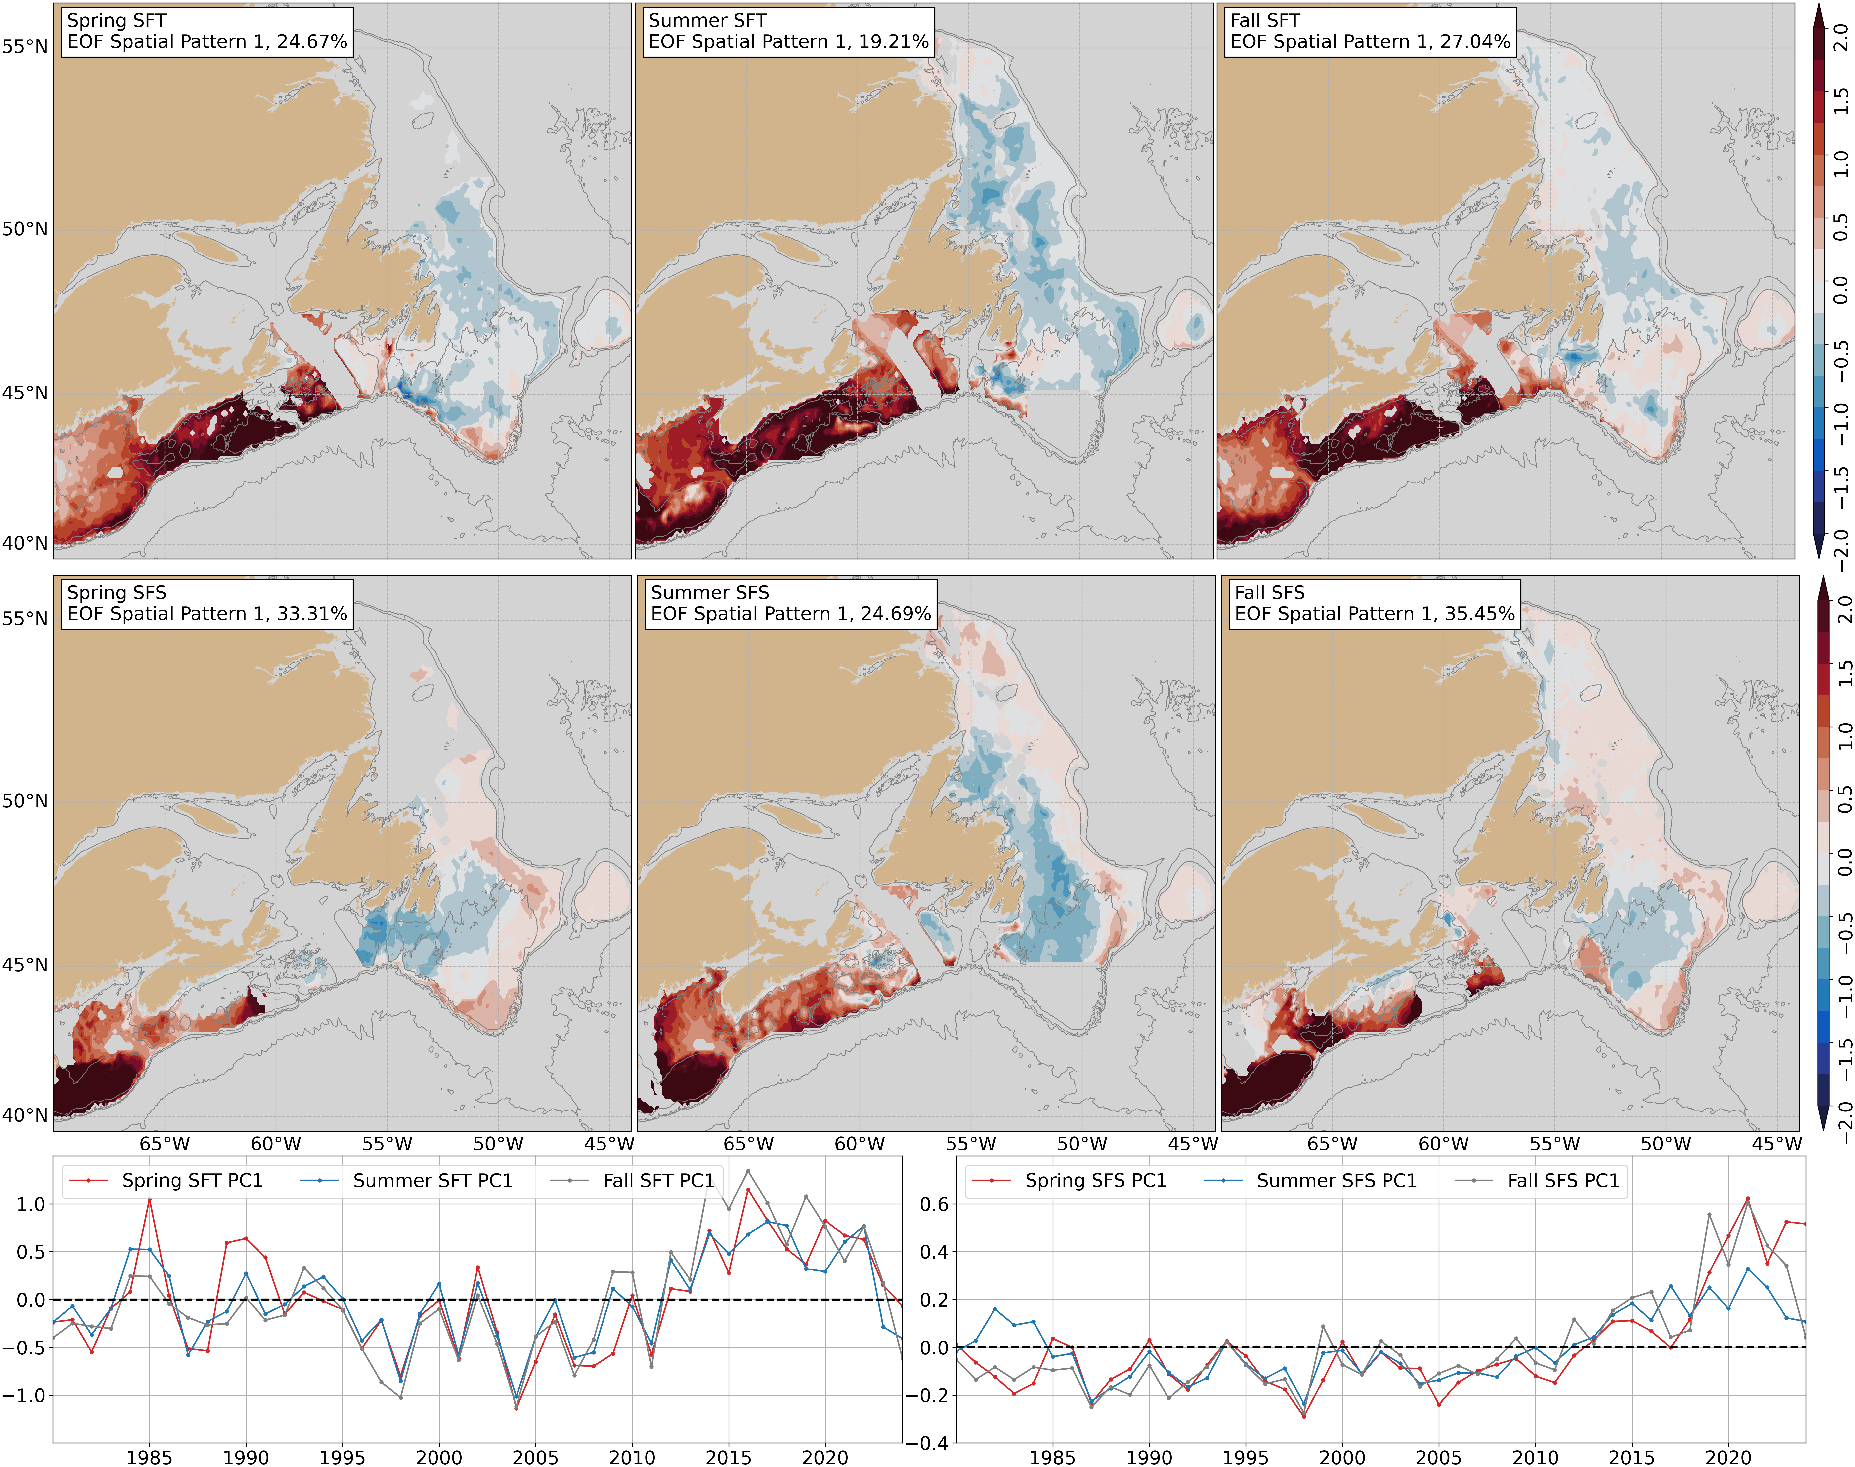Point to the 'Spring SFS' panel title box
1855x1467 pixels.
click(206, 604)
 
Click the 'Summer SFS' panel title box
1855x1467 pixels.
click(790, 604)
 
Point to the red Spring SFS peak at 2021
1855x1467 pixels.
click(1748, 1199)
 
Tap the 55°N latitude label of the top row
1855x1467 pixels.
click(24, 46)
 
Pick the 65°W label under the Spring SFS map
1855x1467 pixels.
click(164, 1144)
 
